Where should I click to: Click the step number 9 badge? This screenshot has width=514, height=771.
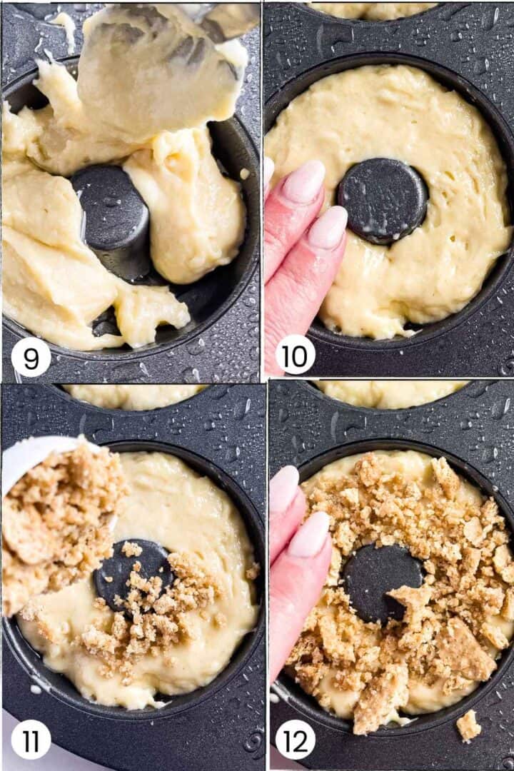(x=30, y=358)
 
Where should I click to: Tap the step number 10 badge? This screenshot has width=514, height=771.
(x=295, y=355)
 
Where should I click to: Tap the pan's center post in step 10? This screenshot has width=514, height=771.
(x=383, y=201)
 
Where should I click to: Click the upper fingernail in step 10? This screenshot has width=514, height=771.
(x=304, y=181)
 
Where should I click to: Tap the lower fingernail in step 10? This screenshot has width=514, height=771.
(x=328, y=227)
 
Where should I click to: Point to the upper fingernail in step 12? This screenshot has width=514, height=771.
(x=284, y=489)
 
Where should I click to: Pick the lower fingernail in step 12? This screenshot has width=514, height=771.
(x=309, y=534)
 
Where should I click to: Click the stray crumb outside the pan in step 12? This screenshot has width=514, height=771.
(x=468, y=725)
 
